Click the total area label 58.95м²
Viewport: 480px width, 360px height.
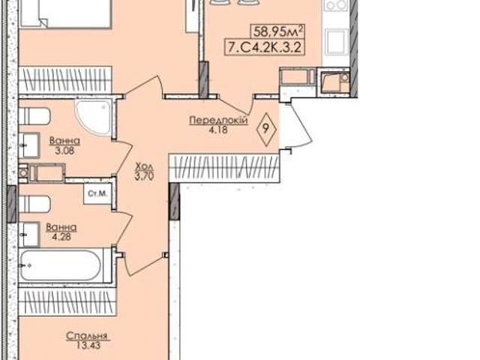click(x=278, y=31)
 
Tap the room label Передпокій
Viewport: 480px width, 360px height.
click(x=218, y=120)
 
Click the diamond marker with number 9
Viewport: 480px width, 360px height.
click(x=266, y=129)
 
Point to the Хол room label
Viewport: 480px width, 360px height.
click(x=144, y=166)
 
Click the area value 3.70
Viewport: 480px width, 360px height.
click(x=144, y=176)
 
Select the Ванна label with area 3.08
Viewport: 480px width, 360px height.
click(x=64, y=141)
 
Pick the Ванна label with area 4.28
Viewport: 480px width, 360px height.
click(x=61, y=227)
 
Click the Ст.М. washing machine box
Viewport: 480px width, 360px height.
click(x=97, y=193)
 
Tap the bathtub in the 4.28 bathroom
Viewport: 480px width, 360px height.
click(x=60, y=265)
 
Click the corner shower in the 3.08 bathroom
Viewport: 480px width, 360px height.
click(x=93, y=118)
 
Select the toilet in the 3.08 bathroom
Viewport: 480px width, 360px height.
click(x=34, y=116)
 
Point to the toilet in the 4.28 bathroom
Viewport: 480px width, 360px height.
click(x=34, y=204)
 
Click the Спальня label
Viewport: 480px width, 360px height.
click(x=87, y=336)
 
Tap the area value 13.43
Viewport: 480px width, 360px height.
click(x=88, y=345)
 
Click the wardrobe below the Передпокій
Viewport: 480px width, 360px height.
click(x=224, y=168)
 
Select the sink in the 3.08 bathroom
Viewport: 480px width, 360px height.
click(x=28, y=145)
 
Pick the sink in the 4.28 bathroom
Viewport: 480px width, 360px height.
click(x=28, y=235)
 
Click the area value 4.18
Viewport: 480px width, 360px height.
click(x=218, y=130)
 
